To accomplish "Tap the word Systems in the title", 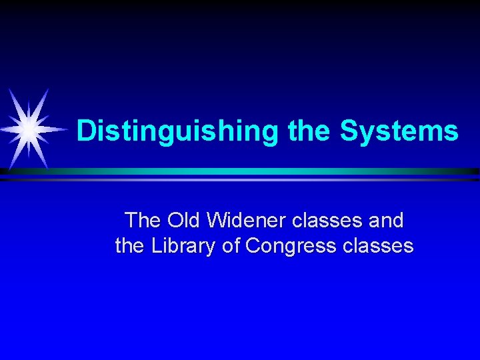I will point(399,131).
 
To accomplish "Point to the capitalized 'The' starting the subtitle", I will point(143,220).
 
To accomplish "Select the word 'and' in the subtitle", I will point(386,220).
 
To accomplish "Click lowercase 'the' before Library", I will point(129,247).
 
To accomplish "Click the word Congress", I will point(291,247).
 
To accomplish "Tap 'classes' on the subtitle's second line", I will point(378,247).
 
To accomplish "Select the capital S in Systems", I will point(349,131).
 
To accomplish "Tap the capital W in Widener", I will point(217,220).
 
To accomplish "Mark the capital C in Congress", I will point(254,247).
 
